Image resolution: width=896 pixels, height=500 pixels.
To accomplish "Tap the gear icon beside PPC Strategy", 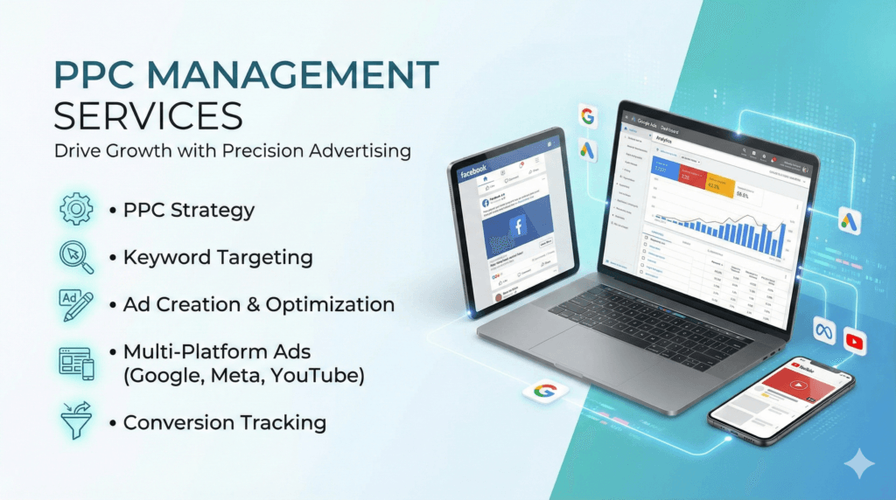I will tap(76, 210).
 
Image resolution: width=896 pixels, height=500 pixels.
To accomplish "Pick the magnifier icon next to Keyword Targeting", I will tap(75, 257).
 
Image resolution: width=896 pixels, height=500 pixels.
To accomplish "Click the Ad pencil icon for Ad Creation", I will tap(75, 304).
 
